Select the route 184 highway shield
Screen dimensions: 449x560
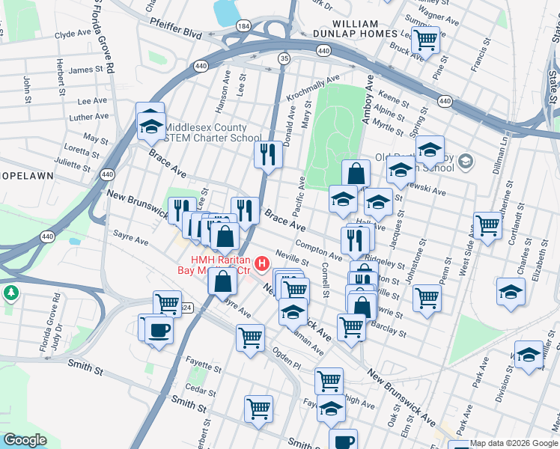click(243, 25)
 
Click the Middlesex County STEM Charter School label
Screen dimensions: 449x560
click(213, 132)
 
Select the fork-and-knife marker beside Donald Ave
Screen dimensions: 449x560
click(267, 154)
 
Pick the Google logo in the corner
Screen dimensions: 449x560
click(25, 440)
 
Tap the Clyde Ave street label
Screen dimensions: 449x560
click(73, 34)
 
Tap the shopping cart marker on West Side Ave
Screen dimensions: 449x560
click(487, 224)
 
